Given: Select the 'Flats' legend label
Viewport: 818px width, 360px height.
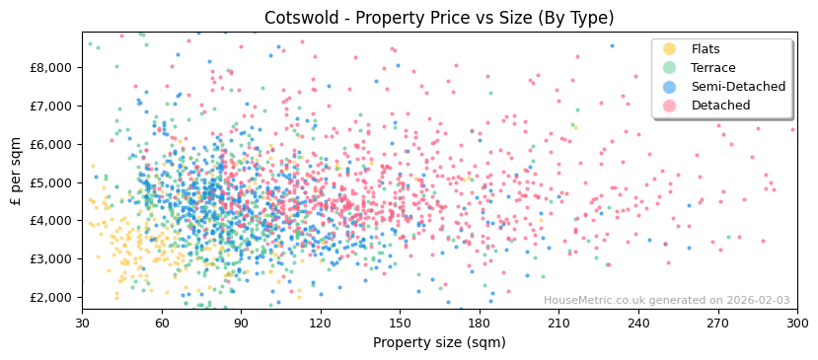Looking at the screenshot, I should [x=706, y=49].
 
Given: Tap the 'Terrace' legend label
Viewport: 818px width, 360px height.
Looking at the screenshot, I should [x=711, y=68].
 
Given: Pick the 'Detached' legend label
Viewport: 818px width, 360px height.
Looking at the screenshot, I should [x=720, y=106].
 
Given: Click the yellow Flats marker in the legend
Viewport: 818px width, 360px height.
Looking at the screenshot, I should [x=670, y=49].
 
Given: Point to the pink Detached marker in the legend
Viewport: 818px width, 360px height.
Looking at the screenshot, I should [x=670, y=106].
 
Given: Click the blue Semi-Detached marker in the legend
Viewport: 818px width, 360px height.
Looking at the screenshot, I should [x=670, y=87].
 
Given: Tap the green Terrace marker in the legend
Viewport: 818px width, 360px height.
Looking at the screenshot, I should [x=670, y=68].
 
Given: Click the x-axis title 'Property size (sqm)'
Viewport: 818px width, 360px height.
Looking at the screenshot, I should [x=439, y=343].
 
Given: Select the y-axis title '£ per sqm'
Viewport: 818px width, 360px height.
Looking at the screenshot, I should [x=16, y=171].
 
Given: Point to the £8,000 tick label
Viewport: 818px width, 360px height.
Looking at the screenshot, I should [x=51, y=67].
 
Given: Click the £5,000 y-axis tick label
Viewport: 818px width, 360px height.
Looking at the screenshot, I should [x=51, y=182].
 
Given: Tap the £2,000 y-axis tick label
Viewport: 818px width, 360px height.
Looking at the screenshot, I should [x=51, y=297].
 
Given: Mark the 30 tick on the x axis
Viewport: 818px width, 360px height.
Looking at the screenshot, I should [x=82, y=323].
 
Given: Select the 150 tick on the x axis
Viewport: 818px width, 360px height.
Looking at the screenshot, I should [x=400, y=323].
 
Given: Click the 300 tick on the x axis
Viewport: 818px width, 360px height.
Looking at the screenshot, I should [x=796, y=323].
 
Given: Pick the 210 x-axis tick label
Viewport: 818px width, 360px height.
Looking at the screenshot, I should [x=558, y=323].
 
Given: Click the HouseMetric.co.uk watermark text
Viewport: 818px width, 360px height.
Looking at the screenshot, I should [x=666, y=301].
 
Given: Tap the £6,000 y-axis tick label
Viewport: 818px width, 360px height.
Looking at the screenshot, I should [x=51, y=144].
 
